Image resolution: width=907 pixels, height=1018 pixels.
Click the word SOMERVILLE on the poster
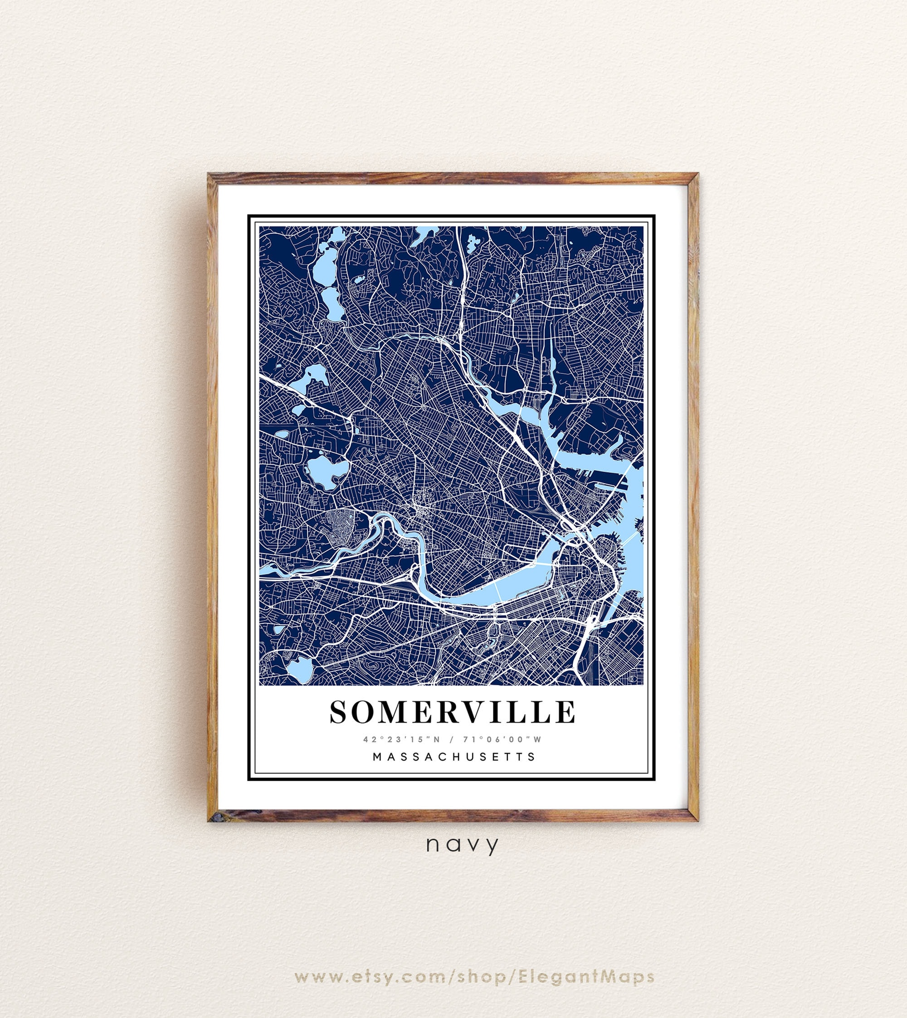[x=453, y=711]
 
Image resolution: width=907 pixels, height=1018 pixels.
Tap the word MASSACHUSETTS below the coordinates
[x=454, y=756]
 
